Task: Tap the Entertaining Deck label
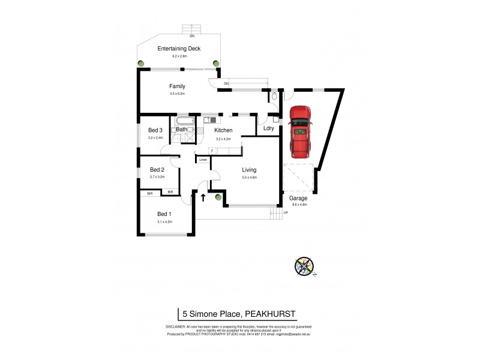(x=178, y=49)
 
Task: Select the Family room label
(x=177, y=86)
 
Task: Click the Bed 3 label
(x=155, y=130)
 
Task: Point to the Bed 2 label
(x=157, y=169)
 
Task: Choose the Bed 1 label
(x=164, y=214)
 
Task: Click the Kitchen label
(x=223, y=130)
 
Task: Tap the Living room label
(x=249, y=170)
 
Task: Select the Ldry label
(x=269, y=128)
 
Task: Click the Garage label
(x=298, y=198)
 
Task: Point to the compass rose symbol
(x=304, y=266)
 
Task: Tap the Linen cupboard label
(x=203, y=160)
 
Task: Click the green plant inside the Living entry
(x=218, y=196)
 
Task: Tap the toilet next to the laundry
(x=274, y=96)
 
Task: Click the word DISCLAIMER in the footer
(x=175, y=325)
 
